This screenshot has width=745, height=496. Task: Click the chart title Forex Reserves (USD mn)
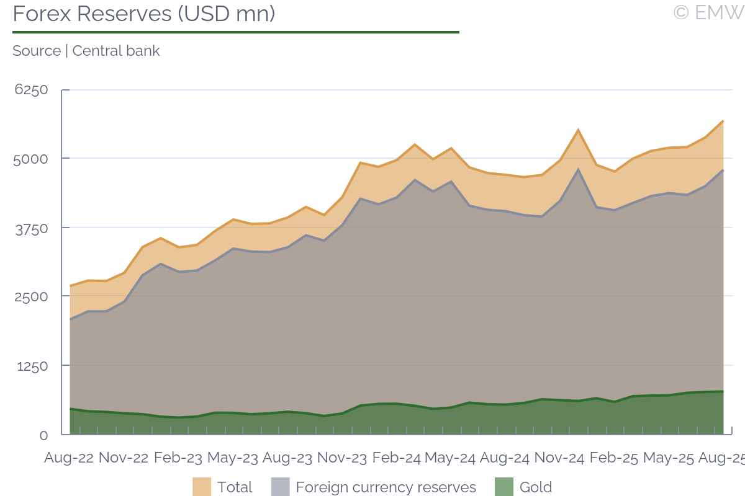(x=143, y=14)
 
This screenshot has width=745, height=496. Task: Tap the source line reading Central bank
(x=86, y=51)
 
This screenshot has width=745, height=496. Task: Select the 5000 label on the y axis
(x=31, y=159)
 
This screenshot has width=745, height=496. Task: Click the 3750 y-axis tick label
(x=31, y=228)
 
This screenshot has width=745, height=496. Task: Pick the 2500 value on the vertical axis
(x=31, y=296)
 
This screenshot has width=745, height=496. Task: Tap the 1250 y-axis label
(x=32, y=366)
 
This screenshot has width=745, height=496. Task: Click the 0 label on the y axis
(x=43, y=435)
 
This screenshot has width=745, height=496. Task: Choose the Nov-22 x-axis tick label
(x=123, y=458)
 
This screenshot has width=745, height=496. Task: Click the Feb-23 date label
(x=178, y=458)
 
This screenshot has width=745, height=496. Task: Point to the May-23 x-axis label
(x=232, y=458)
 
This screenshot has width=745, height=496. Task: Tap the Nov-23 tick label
(x=341, y=458)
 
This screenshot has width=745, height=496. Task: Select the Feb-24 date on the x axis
(x=396, y=458)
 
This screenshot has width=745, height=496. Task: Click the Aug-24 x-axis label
(x=505, y=458)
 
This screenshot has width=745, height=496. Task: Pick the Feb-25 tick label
(x=613, y=458)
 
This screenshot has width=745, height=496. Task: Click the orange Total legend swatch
(x=202, y=487)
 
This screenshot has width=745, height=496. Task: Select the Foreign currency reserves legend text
(x=386, y=487)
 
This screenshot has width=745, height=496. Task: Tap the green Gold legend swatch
(x=504, y=487)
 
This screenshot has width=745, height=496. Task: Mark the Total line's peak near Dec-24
(x=578, y=130)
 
